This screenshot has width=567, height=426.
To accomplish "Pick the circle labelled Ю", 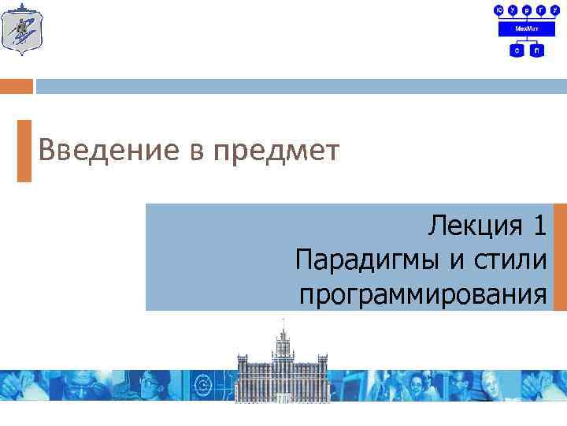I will click(x=498, y=9).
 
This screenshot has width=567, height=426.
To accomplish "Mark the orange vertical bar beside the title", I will click(x=24, y=151).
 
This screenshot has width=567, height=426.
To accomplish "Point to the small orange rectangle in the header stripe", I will click(x=17, y=86).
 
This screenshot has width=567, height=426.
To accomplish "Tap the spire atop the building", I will click(x=283, y=325).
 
